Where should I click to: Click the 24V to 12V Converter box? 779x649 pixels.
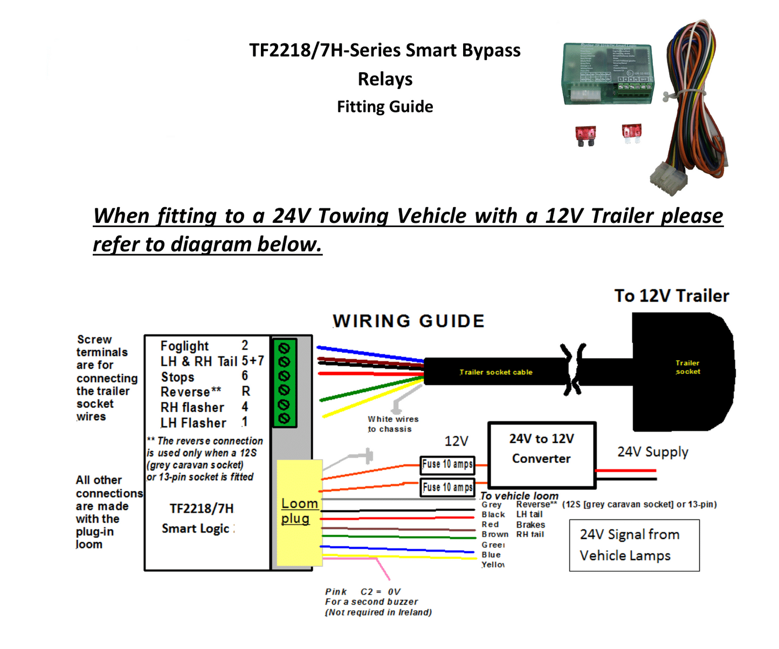(542, 455)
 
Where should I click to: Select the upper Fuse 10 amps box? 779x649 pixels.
(447, 464)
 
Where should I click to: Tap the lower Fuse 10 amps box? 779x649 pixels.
(447, 488)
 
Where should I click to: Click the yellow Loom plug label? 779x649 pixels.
(299, 511)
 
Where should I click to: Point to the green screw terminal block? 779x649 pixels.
(284, 383)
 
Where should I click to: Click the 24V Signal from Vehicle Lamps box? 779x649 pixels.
(634, 545)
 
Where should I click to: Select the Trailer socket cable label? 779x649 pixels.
(495, 372)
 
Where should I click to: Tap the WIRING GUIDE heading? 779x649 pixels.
(409, 321)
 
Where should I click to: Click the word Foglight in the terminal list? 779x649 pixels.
(184, 346)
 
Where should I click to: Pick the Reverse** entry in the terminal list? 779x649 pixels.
(191, 392)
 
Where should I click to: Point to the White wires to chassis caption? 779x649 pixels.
(393, 424)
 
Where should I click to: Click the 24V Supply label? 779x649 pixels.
(653, 452)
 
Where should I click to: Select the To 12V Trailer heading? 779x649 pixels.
(671, 296)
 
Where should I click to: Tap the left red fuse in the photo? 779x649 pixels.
(585, 135)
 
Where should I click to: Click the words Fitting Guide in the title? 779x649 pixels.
(385, 107)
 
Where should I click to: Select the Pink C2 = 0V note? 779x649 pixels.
(378, 602)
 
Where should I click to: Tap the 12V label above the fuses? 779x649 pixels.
(456, 441)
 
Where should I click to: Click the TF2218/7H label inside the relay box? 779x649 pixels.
(202, 509)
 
